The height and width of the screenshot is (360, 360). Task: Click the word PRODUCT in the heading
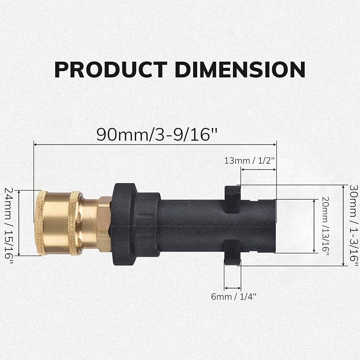pos(110,69)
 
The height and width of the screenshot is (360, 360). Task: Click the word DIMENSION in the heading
pos(240,69)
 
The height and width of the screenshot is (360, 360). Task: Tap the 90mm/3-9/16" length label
pos(153,134)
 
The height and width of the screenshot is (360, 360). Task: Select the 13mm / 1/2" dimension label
pos(250,160)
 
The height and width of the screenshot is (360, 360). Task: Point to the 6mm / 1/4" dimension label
pos(234,297)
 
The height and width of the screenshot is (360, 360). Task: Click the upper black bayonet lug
pos(232,199)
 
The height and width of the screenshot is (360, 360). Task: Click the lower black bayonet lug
pos(232,252)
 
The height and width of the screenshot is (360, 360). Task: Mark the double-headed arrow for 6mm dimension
pos(232,288)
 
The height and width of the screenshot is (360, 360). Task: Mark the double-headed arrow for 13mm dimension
pos(258,170)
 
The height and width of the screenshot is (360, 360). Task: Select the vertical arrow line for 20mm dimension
pos(314,226)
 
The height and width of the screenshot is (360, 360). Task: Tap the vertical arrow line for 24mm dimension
pos(19,223)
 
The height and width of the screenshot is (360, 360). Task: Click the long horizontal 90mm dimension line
pos(155,144)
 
